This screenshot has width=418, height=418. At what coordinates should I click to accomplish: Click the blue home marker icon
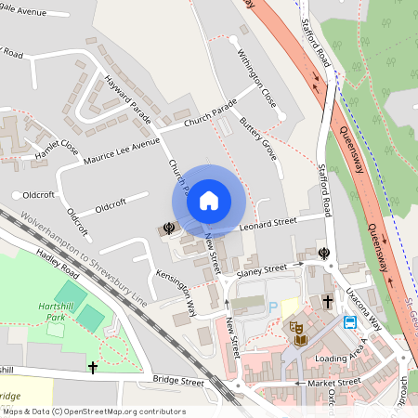coord(209,200)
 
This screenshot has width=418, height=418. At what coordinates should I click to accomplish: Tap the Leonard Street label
coord(268,221)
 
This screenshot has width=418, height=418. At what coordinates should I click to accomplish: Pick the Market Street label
coord(334,382)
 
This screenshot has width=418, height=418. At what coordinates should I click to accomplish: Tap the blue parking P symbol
coord(273,307)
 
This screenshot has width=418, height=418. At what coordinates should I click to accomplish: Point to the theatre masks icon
coord(296,327)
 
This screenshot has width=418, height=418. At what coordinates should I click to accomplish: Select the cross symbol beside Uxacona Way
coord(327,302)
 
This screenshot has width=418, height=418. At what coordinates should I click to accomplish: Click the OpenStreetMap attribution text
coord(93,411)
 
